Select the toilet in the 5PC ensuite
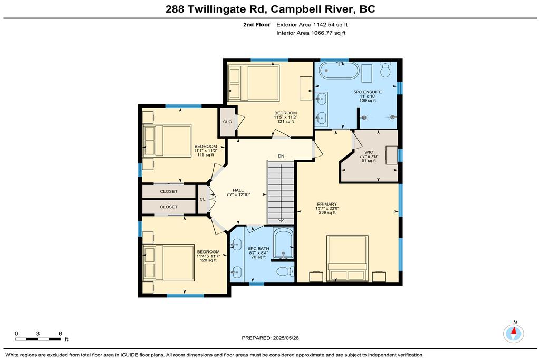click(385, 70)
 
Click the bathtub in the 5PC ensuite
click(339, 70)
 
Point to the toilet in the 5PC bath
click(285, 271)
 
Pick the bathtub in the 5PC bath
click(283, 243)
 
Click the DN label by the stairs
click(281, 156)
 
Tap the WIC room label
click(369, 152)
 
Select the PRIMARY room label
click(327, 204)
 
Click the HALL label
click(238, 190)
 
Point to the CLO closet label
click(227, 122)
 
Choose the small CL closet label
click(202, 199)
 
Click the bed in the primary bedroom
click(348, 258)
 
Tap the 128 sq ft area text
click(208, 260)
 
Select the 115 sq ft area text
click(206, 155)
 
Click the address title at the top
click(271, 9)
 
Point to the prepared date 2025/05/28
click(271, 338)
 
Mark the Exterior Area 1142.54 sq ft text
click(312, 24)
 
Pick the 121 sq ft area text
click(285, 121)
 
